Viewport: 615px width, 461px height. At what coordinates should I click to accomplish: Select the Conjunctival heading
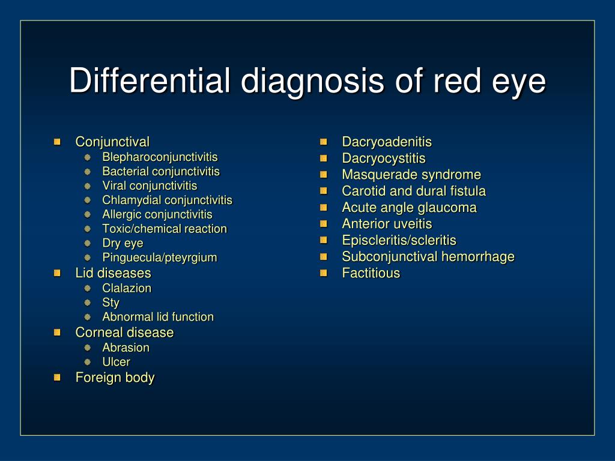tap(112, 142)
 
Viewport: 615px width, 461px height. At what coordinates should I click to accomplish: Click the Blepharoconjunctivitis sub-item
tap(160, 157)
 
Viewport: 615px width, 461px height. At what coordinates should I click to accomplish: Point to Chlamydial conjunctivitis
tap(167, 200)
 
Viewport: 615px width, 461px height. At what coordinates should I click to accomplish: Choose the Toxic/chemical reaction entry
tap(165, 229)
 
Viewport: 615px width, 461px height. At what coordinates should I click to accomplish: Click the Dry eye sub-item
tap(123, 244)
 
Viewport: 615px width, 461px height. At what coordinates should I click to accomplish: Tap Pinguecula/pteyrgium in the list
tap(159, 258)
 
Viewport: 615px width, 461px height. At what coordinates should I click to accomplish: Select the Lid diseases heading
tap(113, 273)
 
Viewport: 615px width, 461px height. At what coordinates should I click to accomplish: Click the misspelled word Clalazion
tap(127, 288)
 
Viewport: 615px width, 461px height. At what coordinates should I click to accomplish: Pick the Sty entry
tap(111, 303)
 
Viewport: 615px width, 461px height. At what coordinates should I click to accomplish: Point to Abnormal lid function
tap(158, 317)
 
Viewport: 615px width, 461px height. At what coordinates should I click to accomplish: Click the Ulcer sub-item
tap(116, 362)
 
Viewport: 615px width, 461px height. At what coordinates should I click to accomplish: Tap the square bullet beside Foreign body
tap(57, 378)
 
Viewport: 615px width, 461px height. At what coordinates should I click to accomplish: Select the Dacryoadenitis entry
tap(387, 142)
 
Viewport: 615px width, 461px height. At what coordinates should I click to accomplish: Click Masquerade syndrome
tap(411, 175)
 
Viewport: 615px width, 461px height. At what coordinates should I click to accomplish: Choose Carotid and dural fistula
tap(414, 191)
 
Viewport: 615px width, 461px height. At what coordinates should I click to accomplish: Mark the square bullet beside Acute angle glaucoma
tap(324, 207)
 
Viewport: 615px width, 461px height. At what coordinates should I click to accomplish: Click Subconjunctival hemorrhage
tap(428, 257)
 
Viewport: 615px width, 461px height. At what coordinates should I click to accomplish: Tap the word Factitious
tap(371, 273)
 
